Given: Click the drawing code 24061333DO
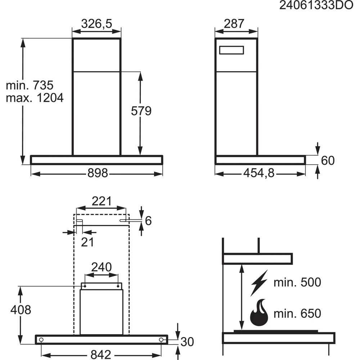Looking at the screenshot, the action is (316, 5).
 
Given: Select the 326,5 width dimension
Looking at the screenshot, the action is (96, 24).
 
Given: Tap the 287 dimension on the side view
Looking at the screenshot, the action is (234, 24).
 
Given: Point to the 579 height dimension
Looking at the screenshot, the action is (141, 111).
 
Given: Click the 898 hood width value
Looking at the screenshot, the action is (98, 173).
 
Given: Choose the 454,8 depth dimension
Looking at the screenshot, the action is (259, 173).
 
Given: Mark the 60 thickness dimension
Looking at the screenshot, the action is (328, 161).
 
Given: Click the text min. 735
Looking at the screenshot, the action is (30, 85).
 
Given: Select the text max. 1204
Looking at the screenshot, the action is (35, 98).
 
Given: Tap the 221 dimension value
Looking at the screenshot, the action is (102, 201).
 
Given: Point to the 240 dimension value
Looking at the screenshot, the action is (102, 267).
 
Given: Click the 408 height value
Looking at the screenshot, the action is (21, 310).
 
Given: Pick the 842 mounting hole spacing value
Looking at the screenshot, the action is (101, 355).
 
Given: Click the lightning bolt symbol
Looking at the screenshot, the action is (259, 283).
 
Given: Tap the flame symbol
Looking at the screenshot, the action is (259, 313).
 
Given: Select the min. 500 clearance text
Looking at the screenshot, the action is (297, 282).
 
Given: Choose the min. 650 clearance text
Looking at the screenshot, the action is (297, 313).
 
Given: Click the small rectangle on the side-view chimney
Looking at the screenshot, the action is (231, 50).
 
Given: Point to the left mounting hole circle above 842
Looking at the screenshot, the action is (41, 340).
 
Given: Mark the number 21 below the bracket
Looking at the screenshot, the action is (87, 242).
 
